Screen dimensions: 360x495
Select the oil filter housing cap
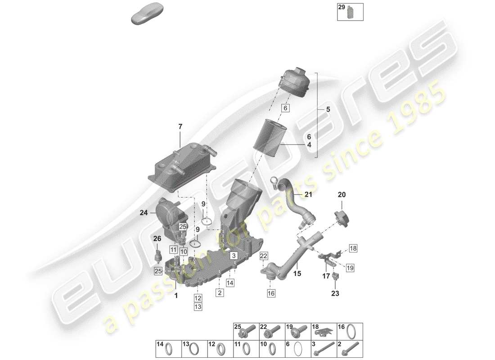click(295, 82)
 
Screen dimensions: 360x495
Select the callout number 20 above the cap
click(342, 195)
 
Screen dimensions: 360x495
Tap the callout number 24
click(144, 214)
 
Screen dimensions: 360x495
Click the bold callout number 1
click(176, 296)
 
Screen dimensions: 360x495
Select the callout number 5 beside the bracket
click(328, 109)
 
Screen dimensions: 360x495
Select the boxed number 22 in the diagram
click(264, 256)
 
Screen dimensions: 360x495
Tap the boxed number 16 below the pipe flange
click(270, 293)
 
